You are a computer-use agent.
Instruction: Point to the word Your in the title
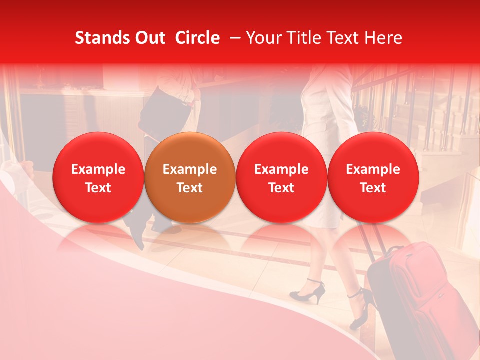coord(263,38)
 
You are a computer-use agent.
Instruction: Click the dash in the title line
coord(233,38)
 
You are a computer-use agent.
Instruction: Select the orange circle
coord(190,177)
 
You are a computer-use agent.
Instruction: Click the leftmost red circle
coord(98,177)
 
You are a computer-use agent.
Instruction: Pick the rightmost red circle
coord(373,177)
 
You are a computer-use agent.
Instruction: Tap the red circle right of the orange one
coord(281,177)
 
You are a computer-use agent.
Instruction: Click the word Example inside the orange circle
coord(190,169)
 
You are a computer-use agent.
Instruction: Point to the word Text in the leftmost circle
coord(98,188)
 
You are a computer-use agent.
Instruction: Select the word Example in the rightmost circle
coord(373,169)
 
